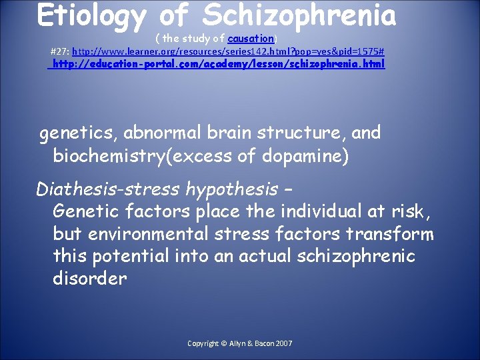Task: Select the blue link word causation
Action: point(251,39)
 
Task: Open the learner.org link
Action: point(227,51)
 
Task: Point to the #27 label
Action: point(59,51)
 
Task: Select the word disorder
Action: point(89,278)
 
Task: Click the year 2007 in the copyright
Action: point(283,343)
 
